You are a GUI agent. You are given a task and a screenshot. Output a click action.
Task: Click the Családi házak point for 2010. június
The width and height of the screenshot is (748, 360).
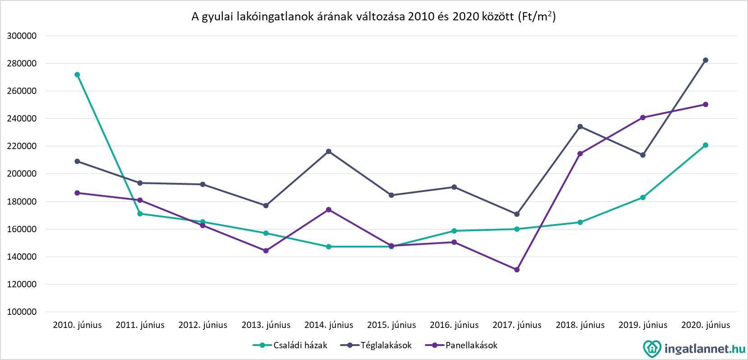click(x=77, y=75)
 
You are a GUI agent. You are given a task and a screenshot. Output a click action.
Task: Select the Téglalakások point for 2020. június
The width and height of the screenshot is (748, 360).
click(x=706, y=60)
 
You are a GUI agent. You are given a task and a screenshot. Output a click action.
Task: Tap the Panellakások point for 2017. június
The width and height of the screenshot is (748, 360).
click(x=517, y=270)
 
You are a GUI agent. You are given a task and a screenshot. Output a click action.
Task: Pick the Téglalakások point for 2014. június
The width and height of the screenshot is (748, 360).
click(x=329, y=151)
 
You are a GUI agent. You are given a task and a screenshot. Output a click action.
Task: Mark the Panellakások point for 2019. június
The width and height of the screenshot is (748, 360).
click(x=643, y=117)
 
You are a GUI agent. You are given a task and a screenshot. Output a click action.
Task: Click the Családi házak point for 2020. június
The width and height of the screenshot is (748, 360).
click(x=706, y=145)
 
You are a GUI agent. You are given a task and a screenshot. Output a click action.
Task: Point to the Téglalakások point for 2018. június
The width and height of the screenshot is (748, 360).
click(x=580, y=126)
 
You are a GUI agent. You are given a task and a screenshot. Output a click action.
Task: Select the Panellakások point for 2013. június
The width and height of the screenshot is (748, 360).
click(x=266, y=251)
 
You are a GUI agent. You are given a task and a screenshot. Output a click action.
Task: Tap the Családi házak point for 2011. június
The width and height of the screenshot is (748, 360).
click(x=140, y=214)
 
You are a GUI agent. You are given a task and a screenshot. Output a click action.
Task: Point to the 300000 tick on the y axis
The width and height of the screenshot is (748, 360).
click(x=22, y=36)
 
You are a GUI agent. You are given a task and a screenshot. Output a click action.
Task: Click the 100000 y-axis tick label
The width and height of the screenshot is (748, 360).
click(x=22, y=312)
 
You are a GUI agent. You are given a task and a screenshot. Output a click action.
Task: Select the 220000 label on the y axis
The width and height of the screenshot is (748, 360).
click(x=22, y=146)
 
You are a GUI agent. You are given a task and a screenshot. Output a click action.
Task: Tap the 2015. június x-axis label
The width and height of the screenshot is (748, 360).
click(x=391, y=325)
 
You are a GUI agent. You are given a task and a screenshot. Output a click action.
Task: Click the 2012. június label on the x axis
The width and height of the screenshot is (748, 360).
click(x=203, y=325)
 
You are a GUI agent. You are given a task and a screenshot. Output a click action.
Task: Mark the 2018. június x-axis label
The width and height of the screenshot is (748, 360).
click(x=580, y=325)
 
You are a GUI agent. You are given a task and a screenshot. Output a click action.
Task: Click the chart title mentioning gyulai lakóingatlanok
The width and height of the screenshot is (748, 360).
click(x=373, y=17)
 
